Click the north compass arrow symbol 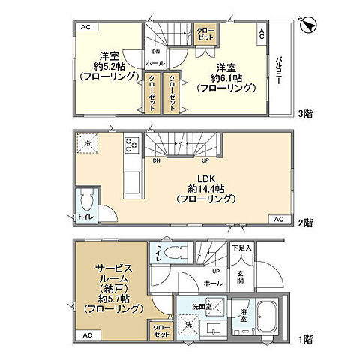point(307,25)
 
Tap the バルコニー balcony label point(278,70)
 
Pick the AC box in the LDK point(277,219)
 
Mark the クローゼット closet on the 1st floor point(160,330)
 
